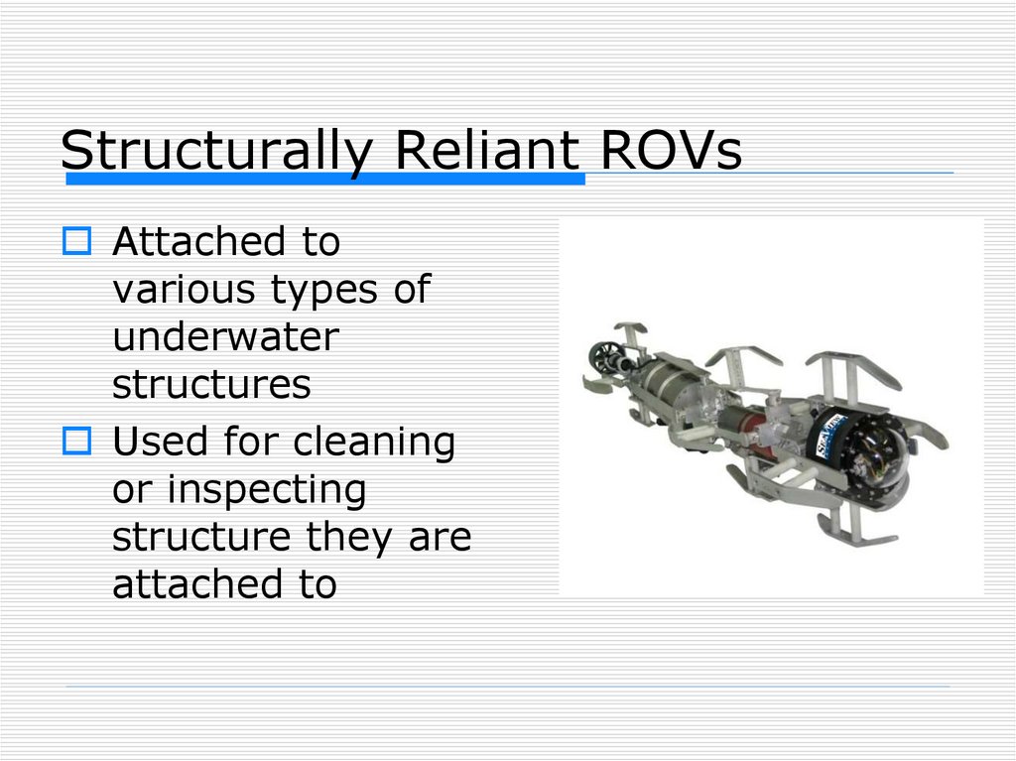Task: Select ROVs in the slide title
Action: click(672, 151)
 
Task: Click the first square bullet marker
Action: click(76, 240)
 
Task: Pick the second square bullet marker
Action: click(76, 440)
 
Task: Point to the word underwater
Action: click(225, 337)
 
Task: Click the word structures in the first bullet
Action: click(211, 385)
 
